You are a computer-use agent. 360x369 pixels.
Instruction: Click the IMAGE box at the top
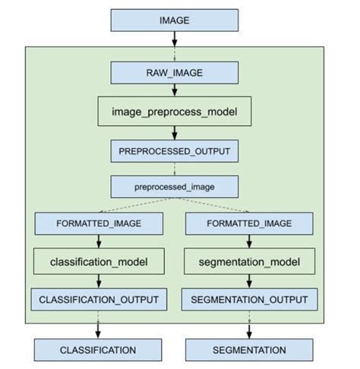tap(174, 20)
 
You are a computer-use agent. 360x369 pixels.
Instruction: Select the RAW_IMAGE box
tap(174, 73)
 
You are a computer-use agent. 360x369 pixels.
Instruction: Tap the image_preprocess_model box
tap(174, 112)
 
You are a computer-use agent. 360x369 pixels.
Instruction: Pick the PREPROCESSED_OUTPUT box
tap(174, 150)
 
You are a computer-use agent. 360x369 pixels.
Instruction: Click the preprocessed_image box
tap(174, 186)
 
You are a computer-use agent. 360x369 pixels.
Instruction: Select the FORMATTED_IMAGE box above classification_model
tap(98, 224)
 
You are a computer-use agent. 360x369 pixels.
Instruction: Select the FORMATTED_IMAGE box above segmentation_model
tap(250, 224)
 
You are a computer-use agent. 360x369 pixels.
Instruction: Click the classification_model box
tap(98, 263)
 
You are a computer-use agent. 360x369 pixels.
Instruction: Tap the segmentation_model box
tap(250, 263)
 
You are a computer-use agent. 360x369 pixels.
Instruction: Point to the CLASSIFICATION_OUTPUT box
tap(98, 299)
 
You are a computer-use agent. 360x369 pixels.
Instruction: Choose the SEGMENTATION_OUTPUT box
tap(250, 299)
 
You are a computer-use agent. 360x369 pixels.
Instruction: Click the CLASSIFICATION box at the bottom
tap(98, 349)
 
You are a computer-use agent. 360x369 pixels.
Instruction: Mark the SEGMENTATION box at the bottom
tap(250, 349)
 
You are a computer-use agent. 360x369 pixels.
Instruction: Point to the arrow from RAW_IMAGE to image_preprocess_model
tap(174, 91)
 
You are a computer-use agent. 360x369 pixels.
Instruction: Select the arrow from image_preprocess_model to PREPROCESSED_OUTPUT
tap(174, 132)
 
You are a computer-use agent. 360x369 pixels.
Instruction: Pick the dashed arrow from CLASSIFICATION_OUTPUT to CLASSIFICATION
tap(98, 324)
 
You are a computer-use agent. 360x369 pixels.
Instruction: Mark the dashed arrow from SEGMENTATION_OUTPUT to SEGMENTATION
tap(250, 324)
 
